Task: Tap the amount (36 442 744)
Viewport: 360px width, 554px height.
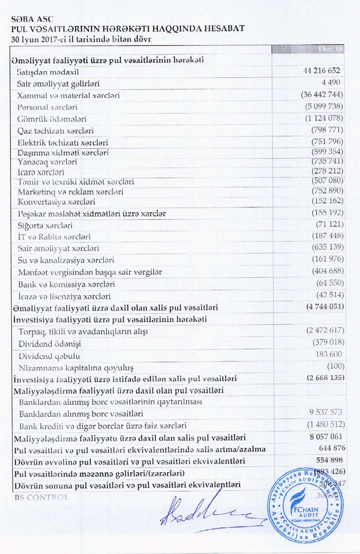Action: point(321,95)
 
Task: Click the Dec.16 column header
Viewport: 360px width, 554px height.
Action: point(329,49)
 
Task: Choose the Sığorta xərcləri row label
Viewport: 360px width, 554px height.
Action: point(45,225)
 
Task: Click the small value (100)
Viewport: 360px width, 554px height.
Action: point(335,366)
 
